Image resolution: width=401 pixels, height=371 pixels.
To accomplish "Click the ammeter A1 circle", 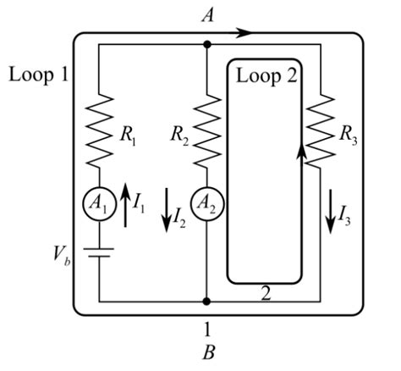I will click(99, 206).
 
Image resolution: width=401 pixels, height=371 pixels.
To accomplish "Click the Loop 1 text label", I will click(37, 75).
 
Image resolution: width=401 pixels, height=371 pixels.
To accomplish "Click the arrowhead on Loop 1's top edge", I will click(244, 33).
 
